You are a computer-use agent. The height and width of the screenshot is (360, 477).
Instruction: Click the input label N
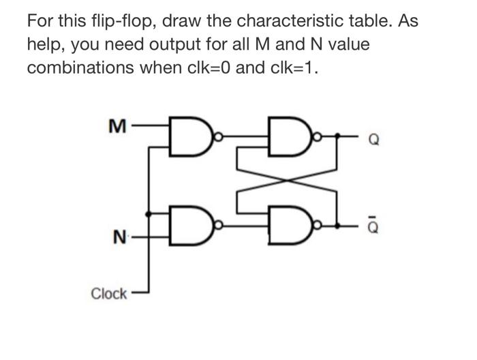(119, 239)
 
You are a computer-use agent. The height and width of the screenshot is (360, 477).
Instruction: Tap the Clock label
(109, 294)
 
